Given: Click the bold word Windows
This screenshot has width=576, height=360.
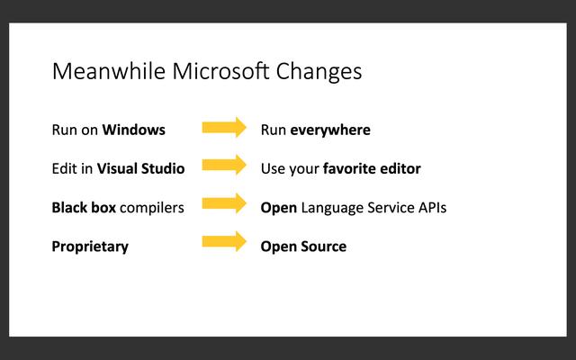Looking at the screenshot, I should click(133, 130).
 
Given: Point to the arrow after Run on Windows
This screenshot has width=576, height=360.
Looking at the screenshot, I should click(224, 128).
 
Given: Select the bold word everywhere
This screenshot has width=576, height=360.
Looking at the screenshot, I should click(329, 130).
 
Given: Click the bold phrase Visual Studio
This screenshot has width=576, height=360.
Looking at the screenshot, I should click(140, 168).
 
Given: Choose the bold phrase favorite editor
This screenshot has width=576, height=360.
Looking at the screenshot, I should click(372, 168).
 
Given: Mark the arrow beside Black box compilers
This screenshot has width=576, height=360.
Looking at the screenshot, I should click(224, 204).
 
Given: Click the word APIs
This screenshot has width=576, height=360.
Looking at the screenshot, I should click(429, 207).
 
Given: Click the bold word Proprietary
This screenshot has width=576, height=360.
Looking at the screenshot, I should click(90, 247).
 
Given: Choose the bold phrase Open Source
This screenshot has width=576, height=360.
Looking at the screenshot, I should click(303, 247).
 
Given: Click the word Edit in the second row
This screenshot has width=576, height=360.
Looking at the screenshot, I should click(64, 168).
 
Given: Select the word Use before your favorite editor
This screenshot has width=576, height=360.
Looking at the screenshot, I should click(273, 168).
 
